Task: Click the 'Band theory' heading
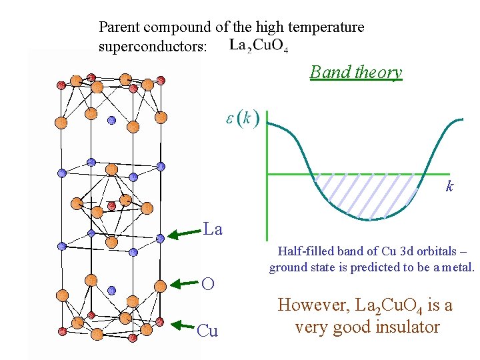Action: pyautogui.click(x=356, y=72)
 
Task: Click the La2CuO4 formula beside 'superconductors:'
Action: pyautogui.click(x=259, y=46)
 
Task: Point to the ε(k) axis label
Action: pyautogui.click(x=242, y=119)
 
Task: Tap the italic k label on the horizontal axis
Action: pyautogui.click(x=449, y=187)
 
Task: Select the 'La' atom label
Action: pyautogui.click(x=213, y=230)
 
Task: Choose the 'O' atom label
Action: pyautogui.click(x=208, y=284)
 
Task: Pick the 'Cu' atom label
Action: pyautogui.click(x=207, y=331)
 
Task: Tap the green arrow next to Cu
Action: pyautogui.click(x=185, y=325)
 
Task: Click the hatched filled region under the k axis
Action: pyautogui.click(x=370, y=197)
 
